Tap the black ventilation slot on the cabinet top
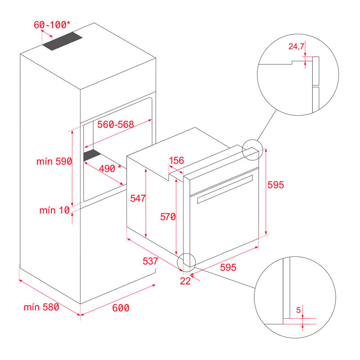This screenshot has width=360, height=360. (x=62, y=41)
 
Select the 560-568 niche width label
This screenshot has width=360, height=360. (x=116, y=125)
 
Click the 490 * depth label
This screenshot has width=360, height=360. (x=110, y=169)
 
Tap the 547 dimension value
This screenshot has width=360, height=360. (x=136, y=198)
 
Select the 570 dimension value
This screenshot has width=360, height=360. (x=167, y=217)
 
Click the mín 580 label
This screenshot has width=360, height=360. (x=41, y=308)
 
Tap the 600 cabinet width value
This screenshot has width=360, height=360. (x=121, y=308)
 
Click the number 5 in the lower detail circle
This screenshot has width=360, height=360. (x=299, y=310)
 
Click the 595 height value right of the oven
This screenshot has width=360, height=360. (x=276, y=184)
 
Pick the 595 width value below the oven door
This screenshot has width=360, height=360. (x=228, y=267)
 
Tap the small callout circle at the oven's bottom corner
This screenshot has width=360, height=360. (x=187, y=261)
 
